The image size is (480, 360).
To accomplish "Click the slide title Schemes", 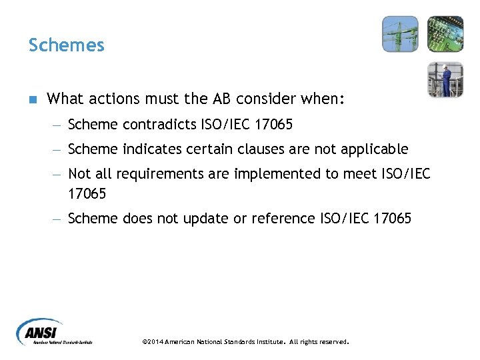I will click(66, 45).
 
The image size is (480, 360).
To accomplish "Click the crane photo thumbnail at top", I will click(400, 34).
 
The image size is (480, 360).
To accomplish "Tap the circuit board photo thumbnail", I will click(445, 34).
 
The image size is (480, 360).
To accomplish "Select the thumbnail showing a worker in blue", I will click(445, 79).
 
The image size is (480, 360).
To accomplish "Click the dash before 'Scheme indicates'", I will click(58, 149).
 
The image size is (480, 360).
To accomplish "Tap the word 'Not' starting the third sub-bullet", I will click(79, 173).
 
